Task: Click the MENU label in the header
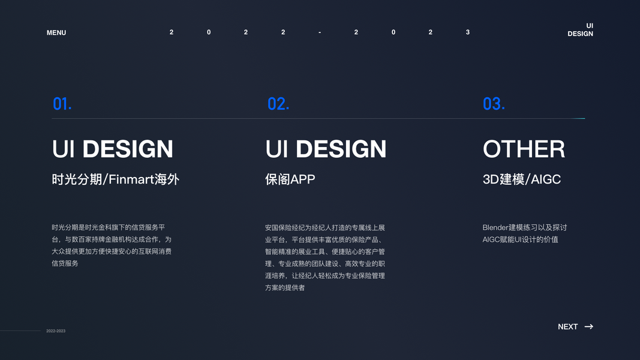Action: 56,32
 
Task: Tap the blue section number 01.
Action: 62,104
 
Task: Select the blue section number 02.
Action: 278,104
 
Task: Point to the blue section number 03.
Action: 494,104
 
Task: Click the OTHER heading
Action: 524,149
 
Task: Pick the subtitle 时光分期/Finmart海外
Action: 116,179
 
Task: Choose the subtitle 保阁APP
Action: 290,179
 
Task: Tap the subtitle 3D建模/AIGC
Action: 521,179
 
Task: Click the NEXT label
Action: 567,327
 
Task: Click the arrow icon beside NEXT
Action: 589,327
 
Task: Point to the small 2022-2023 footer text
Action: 56,331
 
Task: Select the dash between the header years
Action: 320,32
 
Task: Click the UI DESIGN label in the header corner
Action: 581,30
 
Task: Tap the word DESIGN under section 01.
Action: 128,149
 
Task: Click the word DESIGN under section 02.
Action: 341,149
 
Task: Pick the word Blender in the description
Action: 495,227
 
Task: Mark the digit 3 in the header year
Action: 468,32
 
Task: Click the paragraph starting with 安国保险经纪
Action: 325,257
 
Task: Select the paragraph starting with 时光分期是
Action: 112,245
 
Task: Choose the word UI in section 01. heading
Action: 63,149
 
